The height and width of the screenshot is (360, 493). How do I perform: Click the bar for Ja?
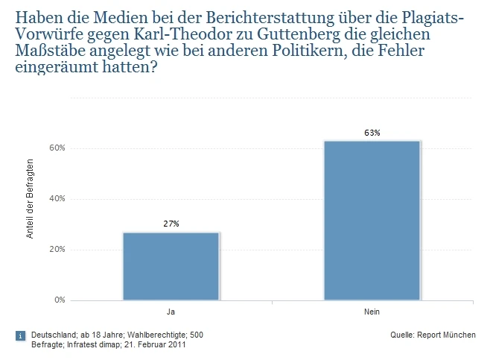click(x=171, y=266)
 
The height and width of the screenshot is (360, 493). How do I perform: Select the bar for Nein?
click(x=372, y=221)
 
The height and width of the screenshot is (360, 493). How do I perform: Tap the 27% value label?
click(x=171, y=224)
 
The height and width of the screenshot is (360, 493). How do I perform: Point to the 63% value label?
click(x=372, y=133)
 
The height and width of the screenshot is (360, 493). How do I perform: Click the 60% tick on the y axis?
click(x=58, y=148)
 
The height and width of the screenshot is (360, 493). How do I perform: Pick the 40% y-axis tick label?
click(x=58, y=198)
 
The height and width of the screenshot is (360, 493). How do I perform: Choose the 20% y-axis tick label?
click(x=58, y=249)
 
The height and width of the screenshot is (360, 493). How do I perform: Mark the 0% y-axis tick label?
click(x=60, y=300)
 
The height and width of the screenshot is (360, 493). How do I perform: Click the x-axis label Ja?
click(x=171, y=311)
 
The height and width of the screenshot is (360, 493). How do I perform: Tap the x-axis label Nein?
click(x=372, y=311)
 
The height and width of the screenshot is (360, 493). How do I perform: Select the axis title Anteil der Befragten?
click(x=31, y=198)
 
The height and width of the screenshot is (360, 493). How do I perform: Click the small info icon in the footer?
click(x=20, y=336)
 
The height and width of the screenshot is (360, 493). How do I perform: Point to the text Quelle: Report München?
click(x=433, y=335)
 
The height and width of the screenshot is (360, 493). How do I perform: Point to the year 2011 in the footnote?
click(x=176, y=345)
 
